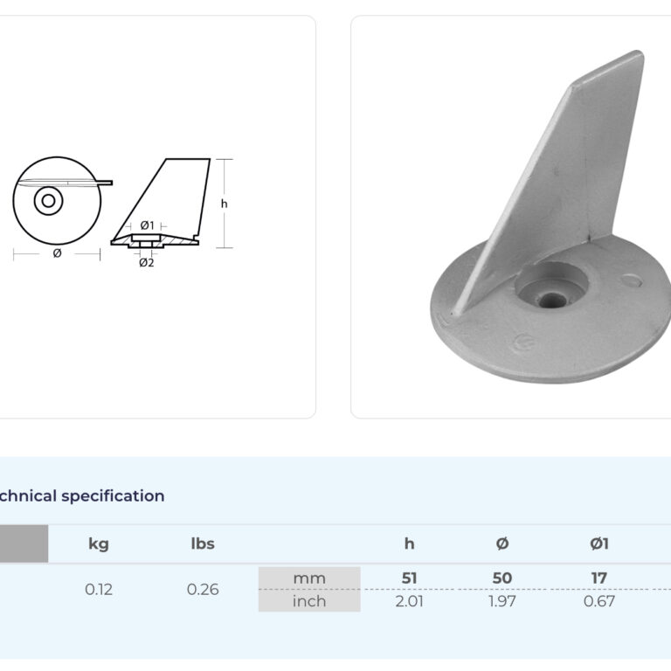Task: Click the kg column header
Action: point(99,544)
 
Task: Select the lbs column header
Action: point(203,543)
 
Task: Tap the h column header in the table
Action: point(409,543)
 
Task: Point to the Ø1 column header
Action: point(599,543)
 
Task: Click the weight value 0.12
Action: point(99,589)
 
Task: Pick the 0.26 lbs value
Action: point(203,589)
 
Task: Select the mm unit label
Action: point(309,578)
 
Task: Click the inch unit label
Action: point(309,601)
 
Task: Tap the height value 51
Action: point(409,578)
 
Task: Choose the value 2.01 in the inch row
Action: point(409,601)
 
